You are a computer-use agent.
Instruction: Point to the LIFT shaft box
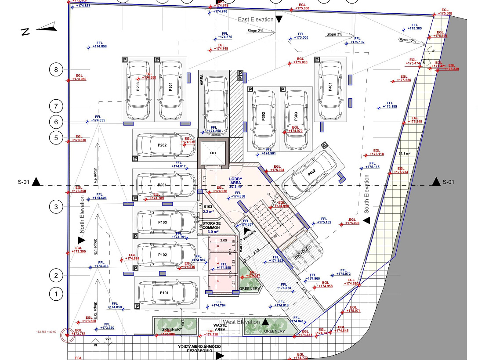[x=214, y=153]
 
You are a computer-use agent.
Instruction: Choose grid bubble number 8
[x=56, y=69]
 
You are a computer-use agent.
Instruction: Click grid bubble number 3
[x=56, y=206]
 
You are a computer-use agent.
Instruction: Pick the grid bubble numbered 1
[x=56, y=293]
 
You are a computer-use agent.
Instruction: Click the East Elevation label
[x=256, y=20]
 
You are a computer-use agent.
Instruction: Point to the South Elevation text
[x=366, y=194]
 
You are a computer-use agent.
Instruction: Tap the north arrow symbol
[x=40, y=30]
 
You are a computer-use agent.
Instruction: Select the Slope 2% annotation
[x=255, y=31]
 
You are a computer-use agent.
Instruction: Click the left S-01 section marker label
[x=24, y=182]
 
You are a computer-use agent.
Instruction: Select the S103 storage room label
[x=208, y=206]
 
